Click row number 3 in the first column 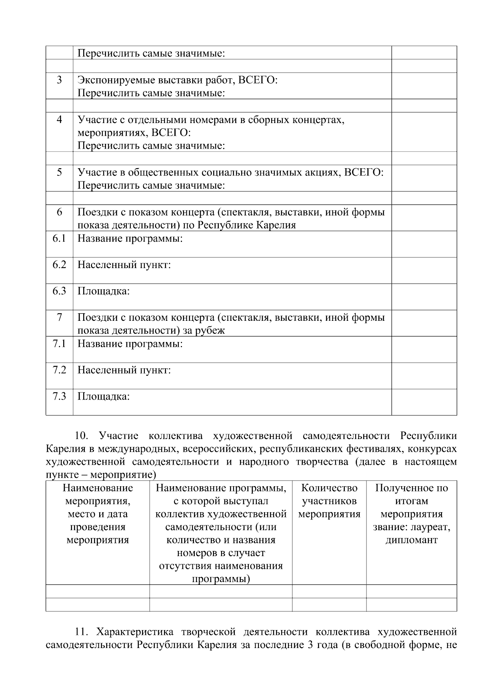(59, 80)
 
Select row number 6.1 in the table (59, 239)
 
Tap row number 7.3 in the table (59, 396)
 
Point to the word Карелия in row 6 (276, 225)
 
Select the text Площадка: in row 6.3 (103, 291)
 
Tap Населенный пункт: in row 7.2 (124, 370)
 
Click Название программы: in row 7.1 (130, 344)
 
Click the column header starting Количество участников (329, 501)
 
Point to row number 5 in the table (59, 172)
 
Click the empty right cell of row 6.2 (424, 270)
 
